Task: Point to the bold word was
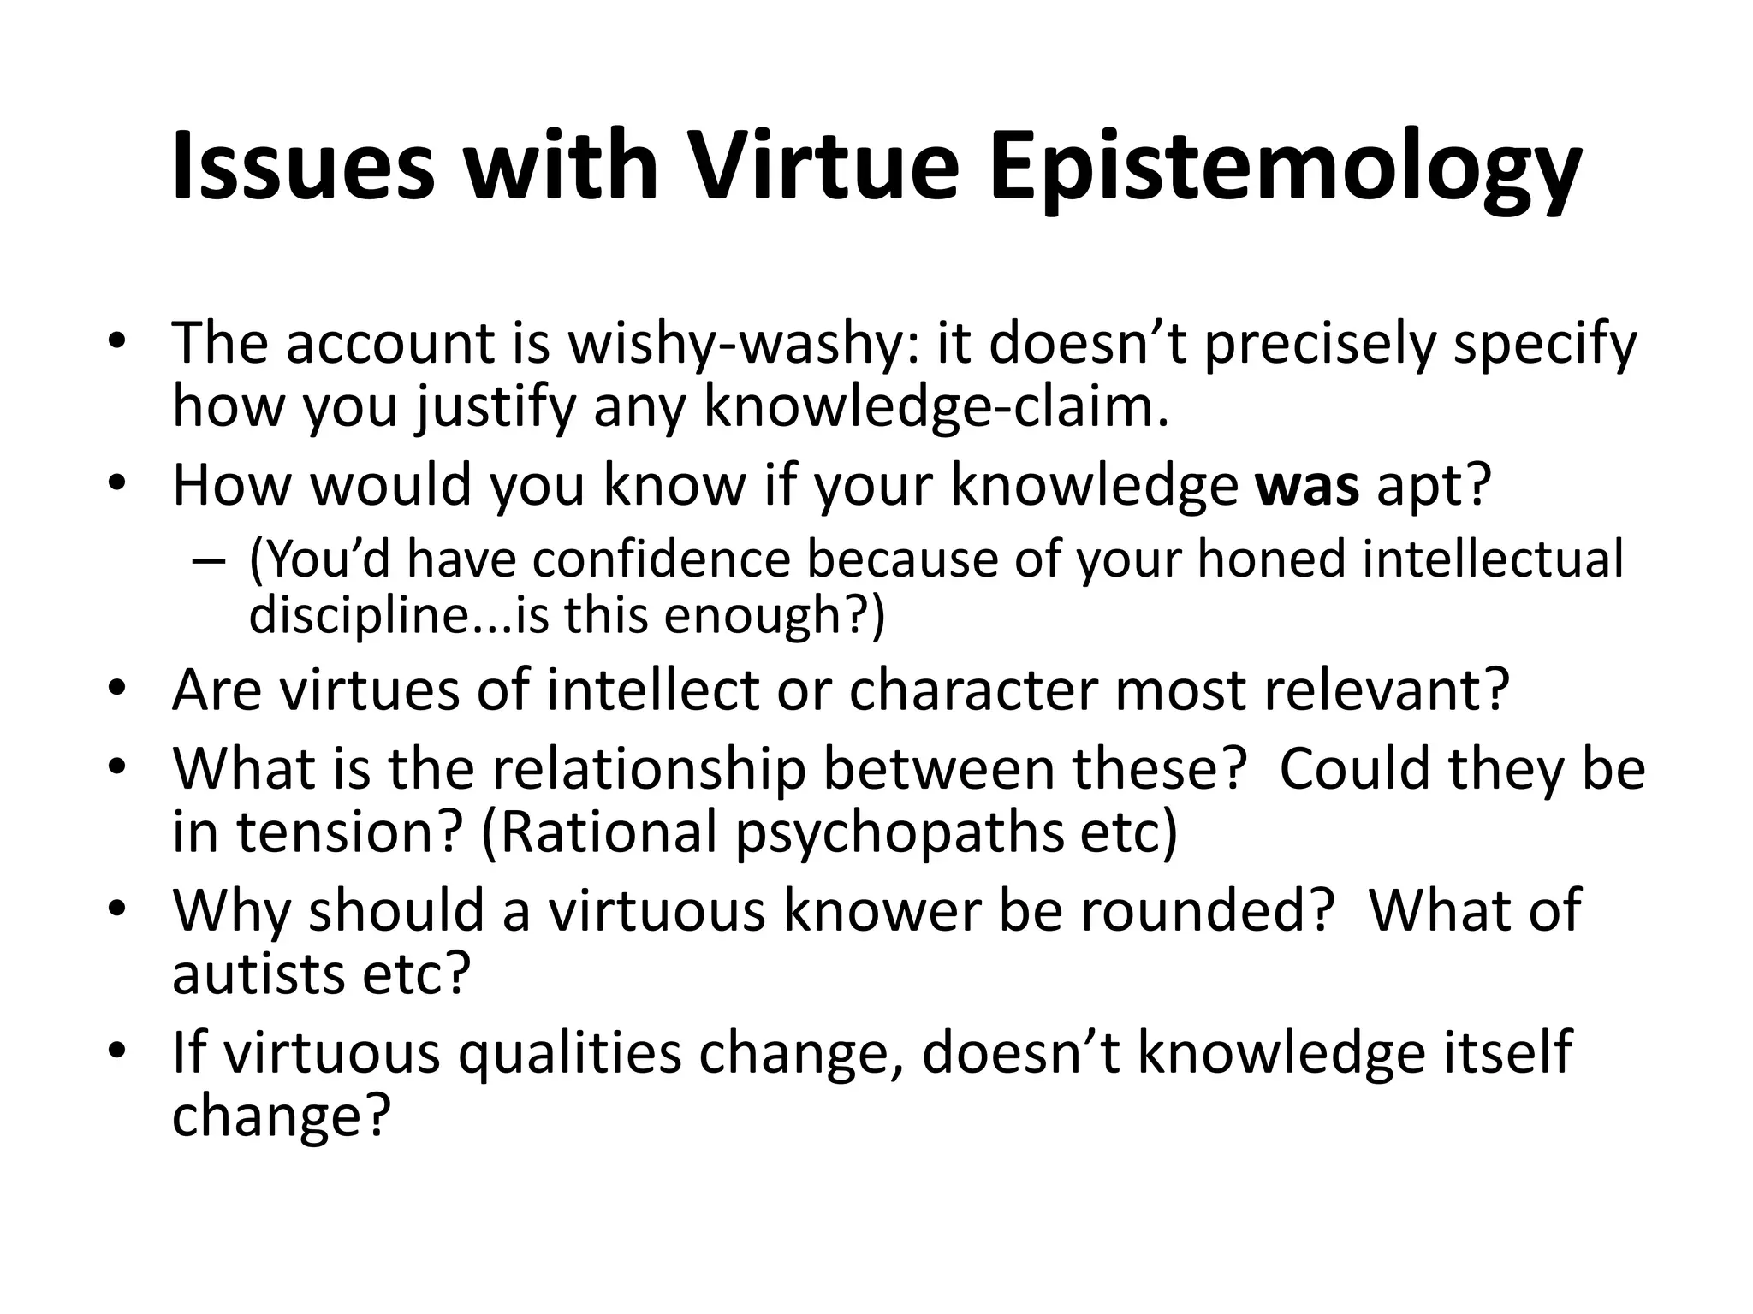(1306, 484)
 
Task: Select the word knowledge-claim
(936, 407)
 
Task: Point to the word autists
(258, 974)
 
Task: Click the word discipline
(360, 615)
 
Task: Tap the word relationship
(649, 768)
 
